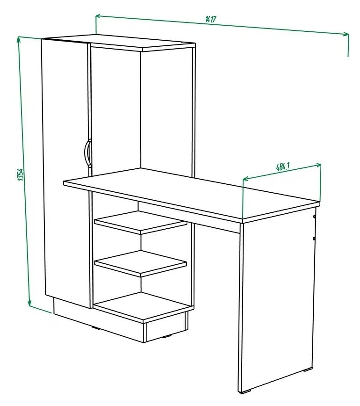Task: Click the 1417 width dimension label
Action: point(211,19)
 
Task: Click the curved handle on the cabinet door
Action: point(87,152)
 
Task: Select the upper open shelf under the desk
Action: point(141,222)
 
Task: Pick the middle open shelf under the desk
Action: point(141,263)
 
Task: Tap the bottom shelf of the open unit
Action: point(144,307)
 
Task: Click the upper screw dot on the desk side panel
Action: point(315,217)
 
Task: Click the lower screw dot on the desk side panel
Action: point(314,238)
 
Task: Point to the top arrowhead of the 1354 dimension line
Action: point(18,39)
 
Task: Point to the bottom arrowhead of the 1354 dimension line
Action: point(29,303)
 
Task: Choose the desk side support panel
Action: point(277,303)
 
